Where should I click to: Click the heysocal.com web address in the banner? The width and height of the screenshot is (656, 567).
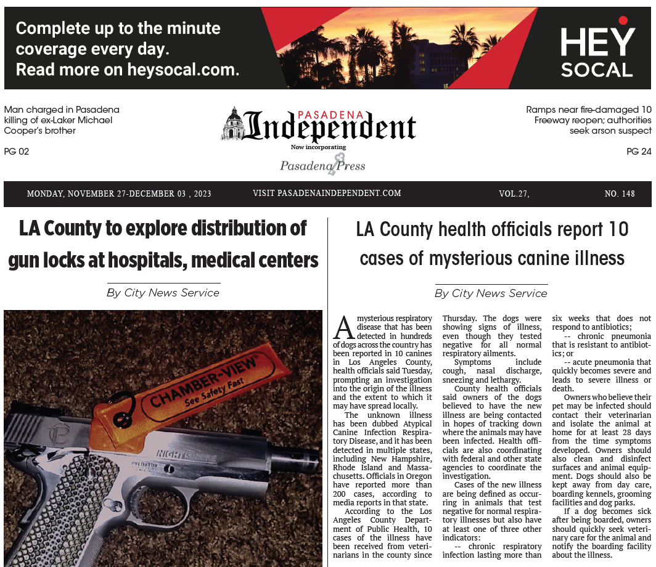click(183, 70)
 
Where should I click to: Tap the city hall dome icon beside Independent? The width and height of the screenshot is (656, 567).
click(233, 123)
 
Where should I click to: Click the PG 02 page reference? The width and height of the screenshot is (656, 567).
click(17, 151)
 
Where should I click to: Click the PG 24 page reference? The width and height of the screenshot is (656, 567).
click(639, 151)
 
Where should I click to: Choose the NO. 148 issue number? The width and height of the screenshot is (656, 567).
click(619, 194)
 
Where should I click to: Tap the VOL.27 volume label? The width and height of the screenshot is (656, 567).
click(514, 194)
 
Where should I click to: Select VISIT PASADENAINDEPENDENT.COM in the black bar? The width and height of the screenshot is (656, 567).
click(327, 194)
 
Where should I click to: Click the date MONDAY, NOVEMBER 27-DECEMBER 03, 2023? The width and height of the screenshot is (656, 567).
click(119, 194)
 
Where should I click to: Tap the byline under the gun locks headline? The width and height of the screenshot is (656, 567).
click(163, 293)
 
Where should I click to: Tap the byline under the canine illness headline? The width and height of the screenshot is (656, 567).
click(491, 293)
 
